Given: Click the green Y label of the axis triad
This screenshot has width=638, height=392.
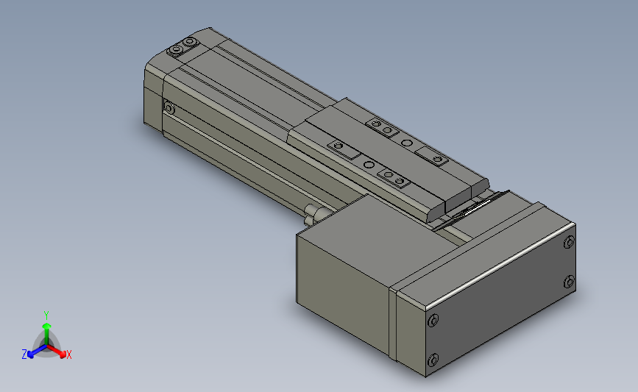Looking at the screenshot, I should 46,314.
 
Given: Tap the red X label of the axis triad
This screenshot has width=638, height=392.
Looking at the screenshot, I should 68,354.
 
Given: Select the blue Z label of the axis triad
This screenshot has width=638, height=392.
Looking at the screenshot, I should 24,354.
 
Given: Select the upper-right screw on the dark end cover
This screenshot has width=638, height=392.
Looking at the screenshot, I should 568,243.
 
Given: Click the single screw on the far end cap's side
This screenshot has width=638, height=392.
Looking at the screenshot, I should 169,109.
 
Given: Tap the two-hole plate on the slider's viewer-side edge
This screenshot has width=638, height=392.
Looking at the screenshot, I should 391,177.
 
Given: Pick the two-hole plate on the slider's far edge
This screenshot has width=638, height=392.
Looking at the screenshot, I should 381,128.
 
